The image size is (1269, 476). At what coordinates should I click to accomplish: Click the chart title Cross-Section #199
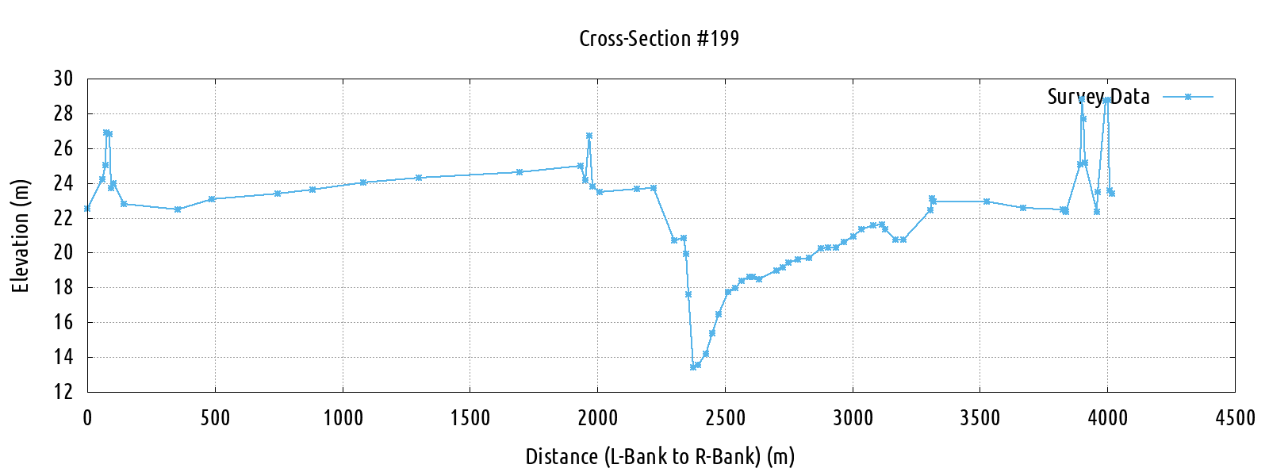click(658, 39)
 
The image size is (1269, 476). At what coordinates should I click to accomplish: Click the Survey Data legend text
click(1098, 97)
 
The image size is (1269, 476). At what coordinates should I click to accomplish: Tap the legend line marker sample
click(1188, 97)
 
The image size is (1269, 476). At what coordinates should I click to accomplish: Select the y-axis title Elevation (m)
click(21, 236)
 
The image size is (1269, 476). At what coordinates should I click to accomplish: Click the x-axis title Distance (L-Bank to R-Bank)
click(660, 457)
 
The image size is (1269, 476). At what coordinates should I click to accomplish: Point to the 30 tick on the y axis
click(63, 79)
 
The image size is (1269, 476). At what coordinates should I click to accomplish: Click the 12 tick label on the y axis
click(63, 392)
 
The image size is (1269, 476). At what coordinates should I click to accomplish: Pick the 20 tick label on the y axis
click(63, 253)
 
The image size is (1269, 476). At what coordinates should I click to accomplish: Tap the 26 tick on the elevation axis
click(63, 148)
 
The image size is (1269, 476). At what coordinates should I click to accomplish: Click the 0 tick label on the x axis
click(87, 418)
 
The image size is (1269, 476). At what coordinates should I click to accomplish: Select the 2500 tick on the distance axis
click(725, 418)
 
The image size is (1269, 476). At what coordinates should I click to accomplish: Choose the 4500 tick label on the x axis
click(1235, 418)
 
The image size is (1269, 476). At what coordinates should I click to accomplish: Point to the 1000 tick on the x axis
click(343, 418)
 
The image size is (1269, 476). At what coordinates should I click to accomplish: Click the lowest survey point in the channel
click(693, 367)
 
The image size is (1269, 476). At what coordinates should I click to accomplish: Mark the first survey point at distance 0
click(87, 209)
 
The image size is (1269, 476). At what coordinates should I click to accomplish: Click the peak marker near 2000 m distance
click(589, 136)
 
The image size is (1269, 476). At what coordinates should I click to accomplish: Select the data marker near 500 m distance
click(212, 199)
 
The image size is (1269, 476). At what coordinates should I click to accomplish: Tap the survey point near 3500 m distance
click(987, 202)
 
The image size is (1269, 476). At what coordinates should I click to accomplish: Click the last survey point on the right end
click(1112, 194)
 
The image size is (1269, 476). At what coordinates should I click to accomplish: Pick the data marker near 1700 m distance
click(519, 172)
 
